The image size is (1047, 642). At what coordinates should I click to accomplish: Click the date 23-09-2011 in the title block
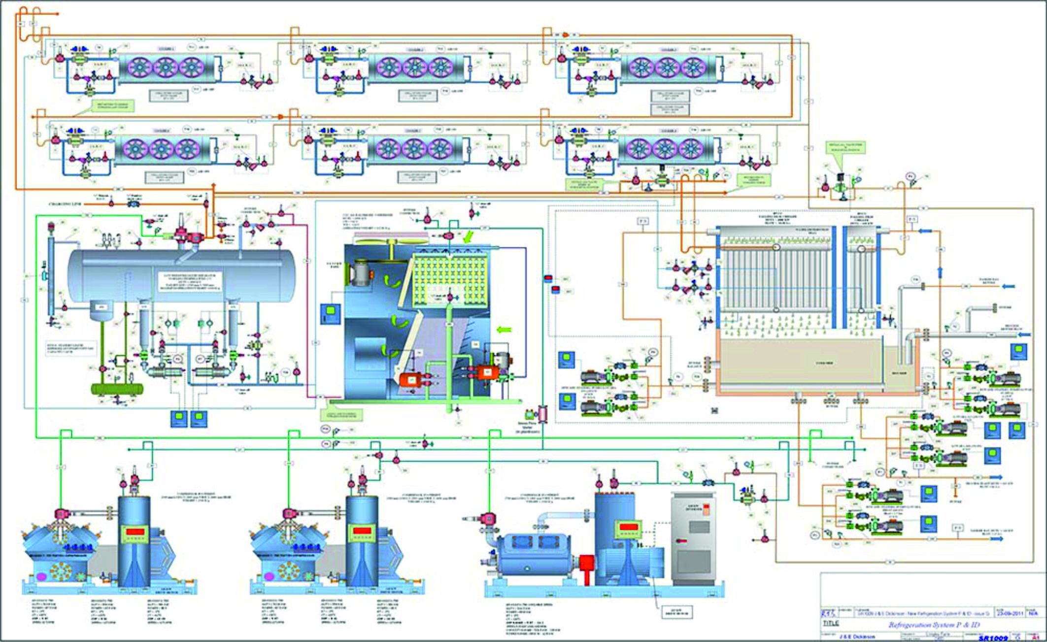pyautogui.click(x=1010, y=613)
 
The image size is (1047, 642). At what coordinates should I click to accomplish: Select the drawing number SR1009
pyautogui.click(x=993, y=638)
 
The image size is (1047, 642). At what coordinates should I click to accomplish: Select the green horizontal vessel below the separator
pyautogui.click(x=117, y=389)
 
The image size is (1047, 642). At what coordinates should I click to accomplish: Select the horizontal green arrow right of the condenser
pyautogui.click(x=505, y=329)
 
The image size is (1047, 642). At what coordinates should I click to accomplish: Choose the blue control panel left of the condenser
pyautogui.click(x=330, y=314)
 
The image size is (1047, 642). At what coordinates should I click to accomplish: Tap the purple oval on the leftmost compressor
pyautogui.click(x=39, y=576)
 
